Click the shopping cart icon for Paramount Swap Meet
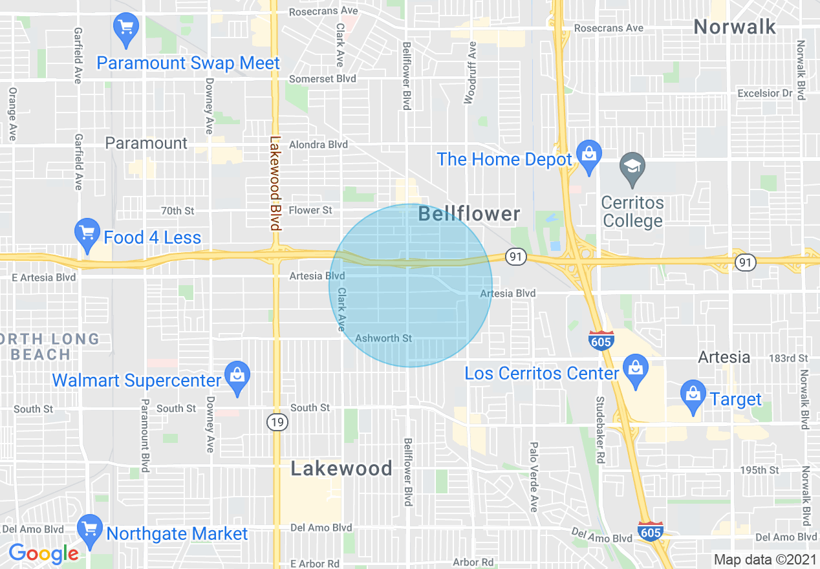126,28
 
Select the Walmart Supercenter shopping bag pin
237,376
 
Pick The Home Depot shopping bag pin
588,155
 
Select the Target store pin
693,395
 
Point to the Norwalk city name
734,27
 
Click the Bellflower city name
469,214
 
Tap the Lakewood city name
341,468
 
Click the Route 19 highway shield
277,422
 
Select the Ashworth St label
383,338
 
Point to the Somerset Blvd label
322,79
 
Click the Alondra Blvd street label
318,145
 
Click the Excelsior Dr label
764,94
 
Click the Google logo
43,553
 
